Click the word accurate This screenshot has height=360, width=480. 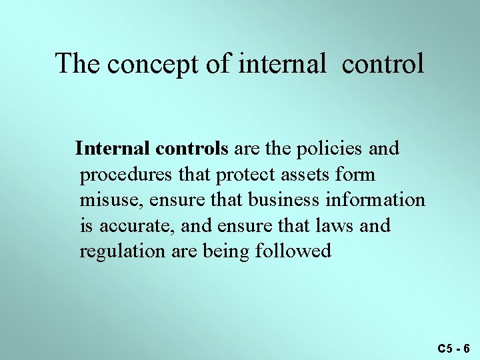pyautogui.click(x=137, y=226)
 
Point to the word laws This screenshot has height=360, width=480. pyautogui.click(x=337, y=226)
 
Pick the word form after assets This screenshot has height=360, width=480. pyautogui.click(x=358, y=175)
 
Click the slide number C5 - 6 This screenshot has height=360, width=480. pyautogui.click(x=454, y=349)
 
